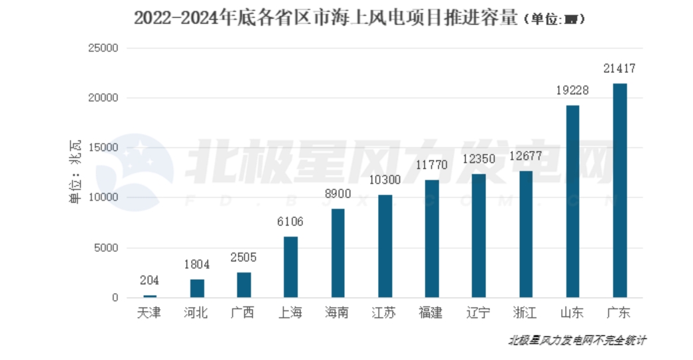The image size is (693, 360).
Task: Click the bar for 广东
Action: pos(619,190)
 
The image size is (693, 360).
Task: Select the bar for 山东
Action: pos(572,201)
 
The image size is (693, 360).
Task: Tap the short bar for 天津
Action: pos(150,296)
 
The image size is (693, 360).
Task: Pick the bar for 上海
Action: pos(290,267)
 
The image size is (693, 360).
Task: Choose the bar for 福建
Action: pos(432,239)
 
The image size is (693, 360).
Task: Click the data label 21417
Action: pos(619,69)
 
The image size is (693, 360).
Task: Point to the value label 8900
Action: pos(338,194)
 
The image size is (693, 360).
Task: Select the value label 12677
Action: pos(526,157)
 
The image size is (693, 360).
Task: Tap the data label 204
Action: pos(150,281)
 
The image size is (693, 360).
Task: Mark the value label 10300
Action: pos(385,180)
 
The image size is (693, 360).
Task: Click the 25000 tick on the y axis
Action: pos(103,48)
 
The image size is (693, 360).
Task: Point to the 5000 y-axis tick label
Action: pos(106,248)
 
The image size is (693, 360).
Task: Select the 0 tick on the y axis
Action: pos(115,298)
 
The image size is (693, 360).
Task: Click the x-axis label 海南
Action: pos(338,313)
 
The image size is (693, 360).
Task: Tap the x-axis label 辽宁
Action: pos(479,313)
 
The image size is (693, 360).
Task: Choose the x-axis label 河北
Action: pos(196,313)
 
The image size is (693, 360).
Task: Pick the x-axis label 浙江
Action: pos(526,313)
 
